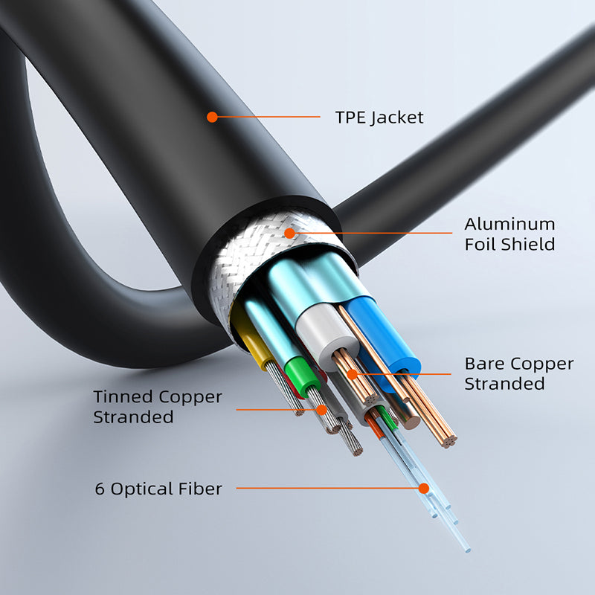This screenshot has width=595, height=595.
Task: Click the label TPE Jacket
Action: click(379, 118)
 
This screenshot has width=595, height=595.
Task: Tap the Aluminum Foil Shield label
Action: click(509, 234)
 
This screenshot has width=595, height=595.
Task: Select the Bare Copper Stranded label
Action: click(518, 373)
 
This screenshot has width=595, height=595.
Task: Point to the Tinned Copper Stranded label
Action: click(158, 407)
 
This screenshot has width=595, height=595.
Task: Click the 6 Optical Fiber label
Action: click(158, 489)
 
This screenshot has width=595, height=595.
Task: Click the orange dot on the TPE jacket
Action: click(212, 117)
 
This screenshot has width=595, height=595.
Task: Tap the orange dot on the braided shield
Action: click(289, 233)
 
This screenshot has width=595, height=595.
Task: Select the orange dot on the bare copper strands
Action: click(352, 374)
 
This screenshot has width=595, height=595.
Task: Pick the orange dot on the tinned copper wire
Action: click(321, 410)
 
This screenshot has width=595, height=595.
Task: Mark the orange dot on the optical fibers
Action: click(424, 489)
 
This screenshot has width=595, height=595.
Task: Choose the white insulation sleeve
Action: click(327, 334)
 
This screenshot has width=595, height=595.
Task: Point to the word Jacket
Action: click(397, 118)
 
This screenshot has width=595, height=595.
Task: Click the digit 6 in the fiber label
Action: click(100, 489)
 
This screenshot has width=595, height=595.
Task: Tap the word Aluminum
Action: click(509, 225)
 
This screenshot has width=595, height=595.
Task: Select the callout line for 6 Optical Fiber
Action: click(327, 489)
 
